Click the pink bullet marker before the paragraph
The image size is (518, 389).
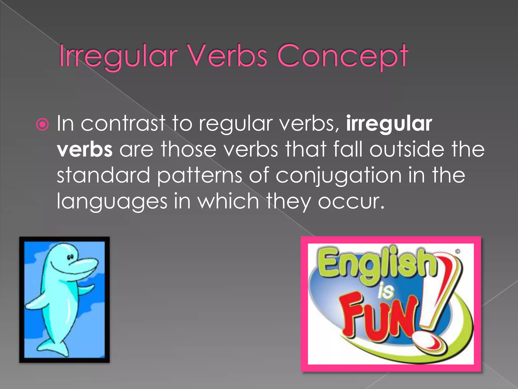42,124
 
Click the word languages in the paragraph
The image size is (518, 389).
112,202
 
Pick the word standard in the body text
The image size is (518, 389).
103,175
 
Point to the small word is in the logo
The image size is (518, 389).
385,291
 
